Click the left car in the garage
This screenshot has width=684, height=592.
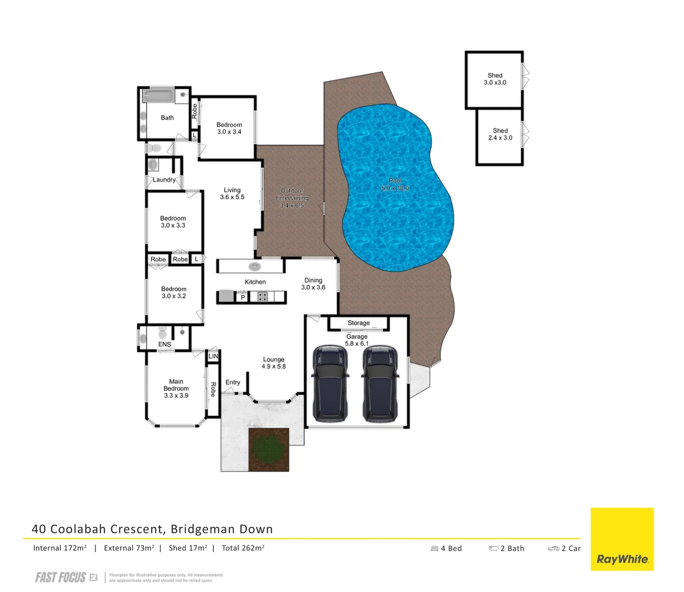(330, 384)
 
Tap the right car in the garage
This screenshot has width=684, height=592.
(379, 384)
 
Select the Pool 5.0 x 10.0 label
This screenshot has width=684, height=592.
(395, 184)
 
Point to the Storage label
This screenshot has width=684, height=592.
(358, 323)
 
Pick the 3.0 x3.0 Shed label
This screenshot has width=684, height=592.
(495, 79)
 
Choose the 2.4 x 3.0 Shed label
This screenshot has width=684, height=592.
(500, 134)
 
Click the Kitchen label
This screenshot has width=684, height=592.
(255, 282)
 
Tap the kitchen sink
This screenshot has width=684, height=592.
(255, 267)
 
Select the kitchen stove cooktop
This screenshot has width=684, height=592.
(263, 297)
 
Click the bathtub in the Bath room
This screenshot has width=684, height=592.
(158, 96)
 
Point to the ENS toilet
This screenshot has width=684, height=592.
(162, 333)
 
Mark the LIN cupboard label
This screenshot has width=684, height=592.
(213, 356)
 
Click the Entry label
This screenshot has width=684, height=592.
(233, 382)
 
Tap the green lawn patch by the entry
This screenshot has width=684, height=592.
(269, 449)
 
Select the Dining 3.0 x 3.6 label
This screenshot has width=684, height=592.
(314, 283)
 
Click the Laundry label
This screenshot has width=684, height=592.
(164, 180)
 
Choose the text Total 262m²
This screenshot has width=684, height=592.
(243, 548)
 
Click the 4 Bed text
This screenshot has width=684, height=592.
(447, 548)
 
